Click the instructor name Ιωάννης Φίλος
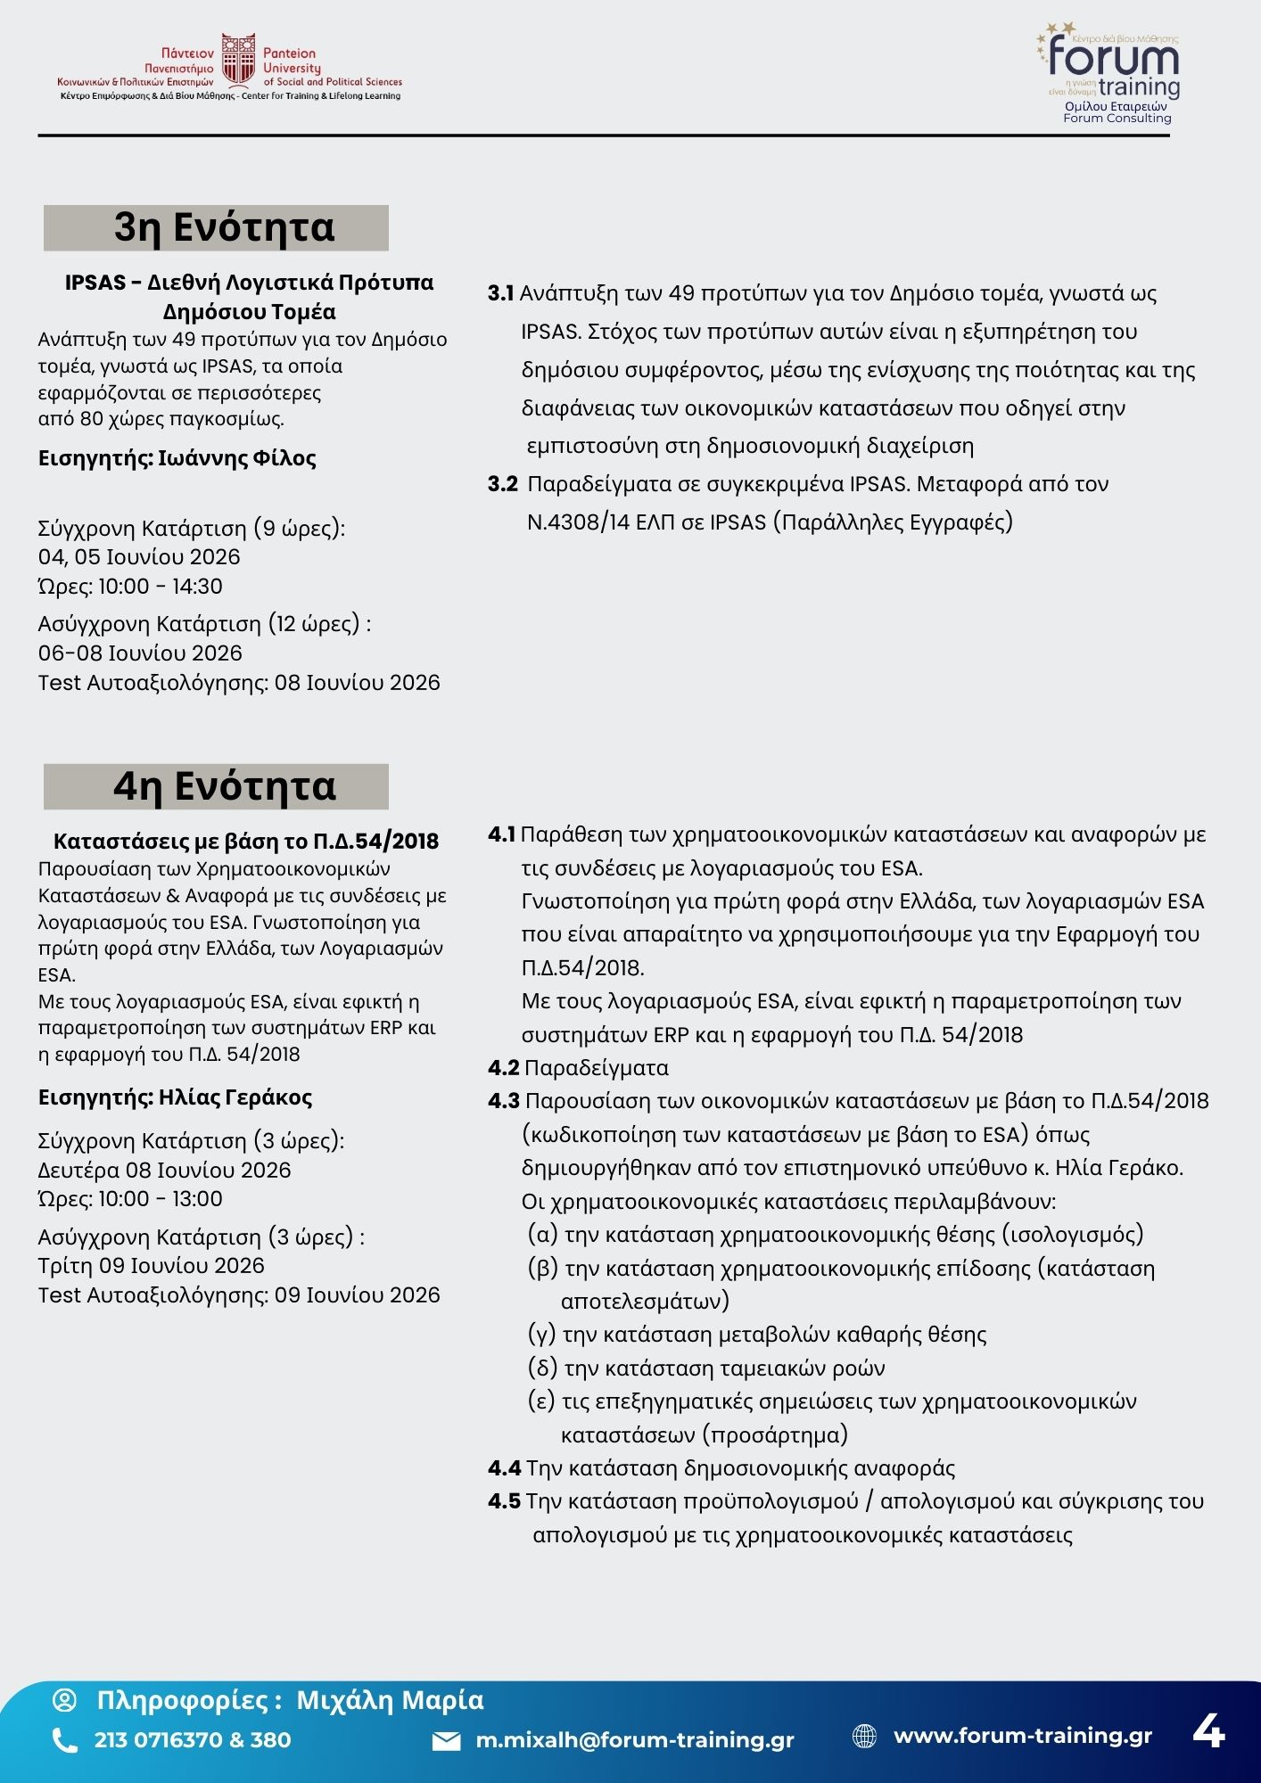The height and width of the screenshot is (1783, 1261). click(x=237, y=458)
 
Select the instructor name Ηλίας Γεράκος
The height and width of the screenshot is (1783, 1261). click(x=235, y=1097)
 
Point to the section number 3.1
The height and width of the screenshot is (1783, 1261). click(x=500, y=293)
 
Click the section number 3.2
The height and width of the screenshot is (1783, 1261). click(x=502, y=484)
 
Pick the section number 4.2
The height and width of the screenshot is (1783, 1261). click(x=503, y=1068)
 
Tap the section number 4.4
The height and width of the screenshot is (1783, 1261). click(x=504, y=1468)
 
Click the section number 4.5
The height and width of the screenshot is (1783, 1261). click(x=504, y=1501)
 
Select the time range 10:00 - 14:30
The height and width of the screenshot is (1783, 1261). click(x=161, y=587)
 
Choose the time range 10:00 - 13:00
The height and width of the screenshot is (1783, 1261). click(x=161, y=1199)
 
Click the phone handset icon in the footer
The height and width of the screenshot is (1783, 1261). click(x=65, y=1740)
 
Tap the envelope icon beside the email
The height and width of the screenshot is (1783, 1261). click(x=446, y=1741)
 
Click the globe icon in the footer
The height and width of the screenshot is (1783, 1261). click(x=864, y=1736)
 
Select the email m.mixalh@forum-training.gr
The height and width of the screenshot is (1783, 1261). click(x=634, y=1740)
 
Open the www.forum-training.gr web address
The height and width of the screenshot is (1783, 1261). click(x=1022, y=1736)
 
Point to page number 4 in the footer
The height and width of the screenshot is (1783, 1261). click(x=1208, y=1731)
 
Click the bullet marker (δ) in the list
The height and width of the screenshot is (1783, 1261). click(x=542, y=1368)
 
